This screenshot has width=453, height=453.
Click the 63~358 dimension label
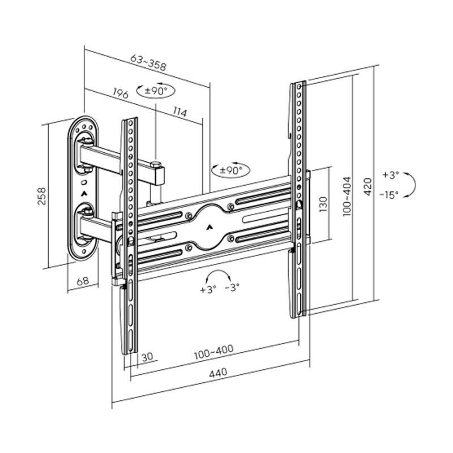[148, 62]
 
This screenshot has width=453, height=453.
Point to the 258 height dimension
[41, 195]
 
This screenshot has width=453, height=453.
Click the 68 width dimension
[82, 280]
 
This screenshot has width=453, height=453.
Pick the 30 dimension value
[147, 357]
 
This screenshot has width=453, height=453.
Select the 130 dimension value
[323, 203]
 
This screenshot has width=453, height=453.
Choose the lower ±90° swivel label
[231, 169]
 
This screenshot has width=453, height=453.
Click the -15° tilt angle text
[390, 194]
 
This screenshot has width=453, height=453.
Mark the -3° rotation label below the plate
[232, 288]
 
